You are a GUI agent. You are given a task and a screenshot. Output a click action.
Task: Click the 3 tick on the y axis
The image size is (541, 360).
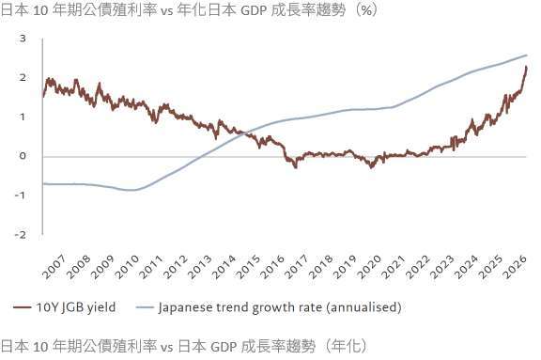[x=22, y=39]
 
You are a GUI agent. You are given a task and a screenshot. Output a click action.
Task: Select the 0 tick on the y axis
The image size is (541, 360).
[x=22, y=156]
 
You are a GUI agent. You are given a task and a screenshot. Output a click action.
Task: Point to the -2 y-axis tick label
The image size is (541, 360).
[x=20, y=234]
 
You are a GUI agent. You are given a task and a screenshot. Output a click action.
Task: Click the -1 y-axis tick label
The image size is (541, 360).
[x=20, y=196]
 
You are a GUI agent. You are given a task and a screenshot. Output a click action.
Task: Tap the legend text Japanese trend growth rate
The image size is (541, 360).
[x=255, y=306]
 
